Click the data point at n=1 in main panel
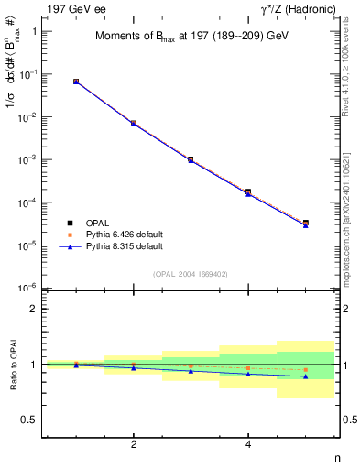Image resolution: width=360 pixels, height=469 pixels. coord(76,82)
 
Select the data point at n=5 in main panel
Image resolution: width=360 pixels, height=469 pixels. coord(305,223)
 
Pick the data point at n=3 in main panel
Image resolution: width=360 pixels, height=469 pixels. coord(191,159)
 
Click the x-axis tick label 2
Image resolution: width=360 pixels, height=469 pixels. coord(134,445)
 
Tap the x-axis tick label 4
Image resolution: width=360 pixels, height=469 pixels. coord(248,445)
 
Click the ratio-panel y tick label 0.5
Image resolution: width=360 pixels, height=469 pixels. coord(29,420)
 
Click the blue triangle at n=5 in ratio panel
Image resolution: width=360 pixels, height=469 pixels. coord(305,376)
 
